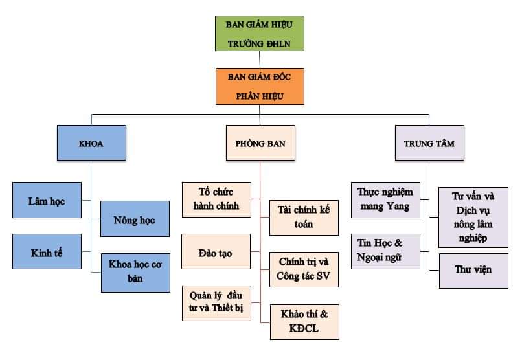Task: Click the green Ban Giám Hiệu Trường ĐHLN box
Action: pyautogui.click(x=259, y=34)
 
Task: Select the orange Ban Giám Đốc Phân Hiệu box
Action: pyautogui.click(x=259, y=86)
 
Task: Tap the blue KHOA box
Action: pyautogui.click(x=91, y=142)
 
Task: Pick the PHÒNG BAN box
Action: pyautogui.click(x=260, y=142)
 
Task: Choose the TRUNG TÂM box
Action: pyautogui.click(x=429, y=142)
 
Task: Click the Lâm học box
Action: pyautogui.click(x=47, y=201)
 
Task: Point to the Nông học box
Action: pyautogui.click(x=135, y=219)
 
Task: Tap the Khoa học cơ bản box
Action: pyautogui.click(x=135, y=272)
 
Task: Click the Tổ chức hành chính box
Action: pyautogui.click(x=216, y=199)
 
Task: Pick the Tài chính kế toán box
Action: pyautogui.click(x=304, y=217)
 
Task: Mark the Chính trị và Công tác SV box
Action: pyautogui.click(x=304, y=269)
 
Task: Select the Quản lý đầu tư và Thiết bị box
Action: pyautogui.click(x=216, y=301)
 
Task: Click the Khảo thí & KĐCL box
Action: pyautogui.click(x=304, y=321)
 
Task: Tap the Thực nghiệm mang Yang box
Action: pyautogui.click(x=385, y=199)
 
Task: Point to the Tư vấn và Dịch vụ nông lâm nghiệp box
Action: pyautogui.click(x=471, y=217)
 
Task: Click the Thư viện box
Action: pyautogui.click(x=471, y=269)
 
